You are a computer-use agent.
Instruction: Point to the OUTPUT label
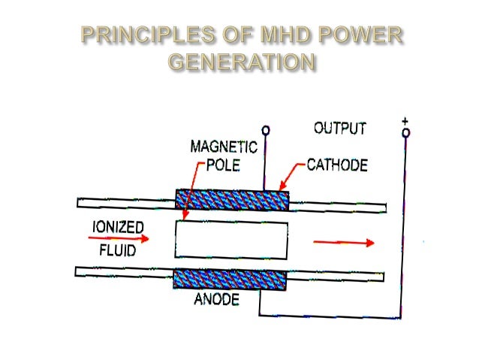pyautogui.click(x=339, y=129)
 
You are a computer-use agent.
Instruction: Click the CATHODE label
pyautogui.click(x=336, y=165)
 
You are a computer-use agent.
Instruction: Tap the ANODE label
pyautogui.click(x=216, y=300)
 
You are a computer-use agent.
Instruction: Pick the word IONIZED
pyautogui.click(x=119, y=225)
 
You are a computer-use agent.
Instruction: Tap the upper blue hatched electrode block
pyautogui.click(x=231, y=199)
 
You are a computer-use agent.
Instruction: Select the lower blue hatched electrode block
pyautogui.click(x=230, y=279)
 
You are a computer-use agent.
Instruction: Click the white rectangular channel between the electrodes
pyautogui.click(x=230, y=239)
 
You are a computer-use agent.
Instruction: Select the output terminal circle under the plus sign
pyautogui.click(x=405, y=134)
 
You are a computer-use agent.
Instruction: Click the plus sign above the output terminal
pyautogui.click(x=405, y=120)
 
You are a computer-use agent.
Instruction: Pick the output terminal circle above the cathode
pyautogui.click(x=264, y=131)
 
